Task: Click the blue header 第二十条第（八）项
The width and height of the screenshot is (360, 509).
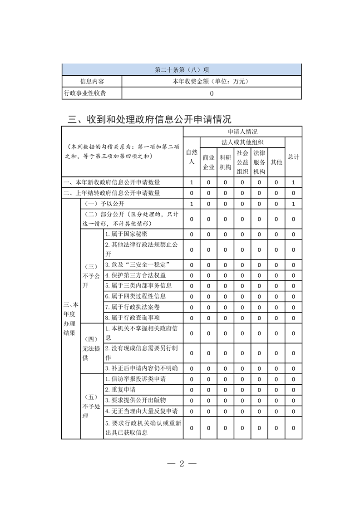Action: coord(182,70)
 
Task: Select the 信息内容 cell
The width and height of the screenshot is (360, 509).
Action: coord(92,82)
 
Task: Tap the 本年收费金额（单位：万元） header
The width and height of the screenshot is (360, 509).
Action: coord(212,82)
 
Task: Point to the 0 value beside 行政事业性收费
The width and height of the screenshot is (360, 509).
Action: coord(212,93)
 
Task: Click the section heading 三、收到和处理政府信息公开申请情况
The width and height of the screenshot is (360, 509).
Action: coord(149,119)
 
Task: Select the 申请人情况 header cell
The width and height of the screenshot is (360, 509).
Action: coord(242,132)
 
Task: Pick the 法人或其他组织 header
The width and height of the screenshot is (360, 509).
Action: coord(242,142)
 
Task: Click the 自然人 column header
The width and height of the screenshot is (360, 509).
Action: coord(192,157)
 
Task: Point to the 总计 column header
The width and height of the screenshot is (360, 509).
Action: coord(293,157)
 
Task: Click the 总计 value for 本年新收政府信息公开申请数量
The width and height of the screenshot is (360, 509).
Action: coord(293,182)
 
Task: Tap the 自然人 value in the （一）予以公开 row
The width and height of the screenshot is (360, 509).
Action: coord(192,204)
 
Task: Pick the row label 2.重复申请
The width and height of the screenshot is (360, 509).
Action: coord(120,390)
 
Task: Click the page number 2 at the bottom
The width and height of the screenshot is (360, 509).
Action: coord(181,464)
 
